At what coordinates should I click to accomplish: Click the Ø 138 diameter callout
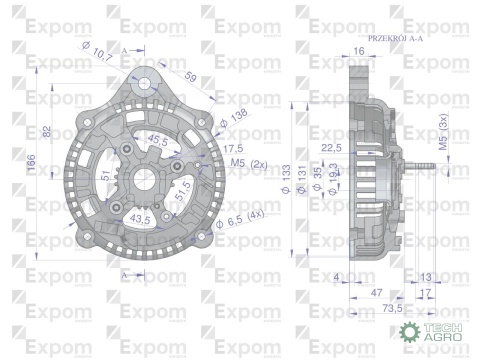point(236,118)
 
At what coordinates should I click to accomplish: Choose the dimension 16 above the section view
point(358,49)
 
